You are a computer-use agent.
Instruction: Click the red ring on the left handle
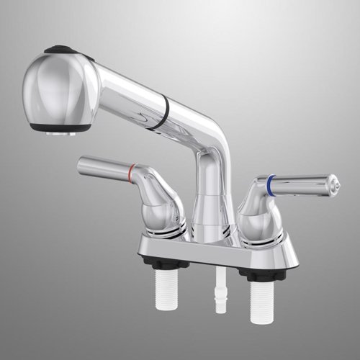[x=131, y=171]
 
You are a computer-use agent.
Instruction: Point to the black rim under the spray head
[x=60, y=127]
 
